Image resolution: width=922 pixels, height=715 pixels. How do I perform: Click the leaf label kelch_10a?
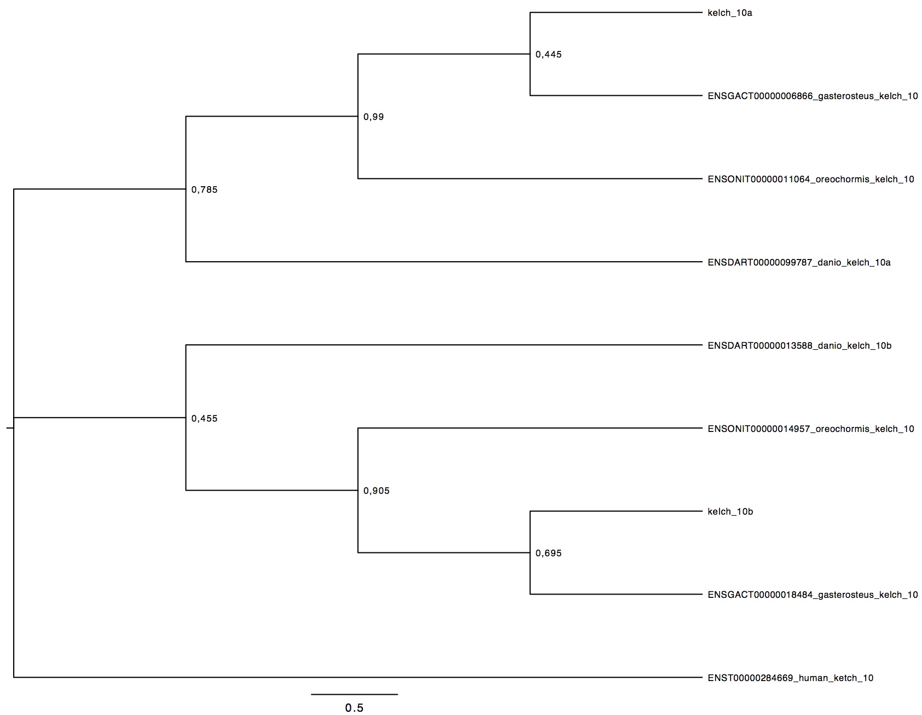(x=730, y=13)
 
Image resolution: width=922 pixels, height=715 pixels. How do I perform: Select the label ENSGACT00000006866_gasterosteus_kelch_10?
(x=813, y=96)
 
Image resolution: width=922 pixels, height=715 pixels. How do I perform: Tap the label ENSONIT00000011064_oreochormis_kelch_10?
(x=811, y=179)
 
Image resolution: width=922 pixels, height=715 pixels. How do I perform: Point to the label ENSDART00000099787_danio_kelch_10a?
(x=799, y=262)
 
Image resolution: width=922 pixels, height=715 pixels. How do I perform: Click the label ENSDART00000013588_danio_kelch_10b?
(x=799, y=345)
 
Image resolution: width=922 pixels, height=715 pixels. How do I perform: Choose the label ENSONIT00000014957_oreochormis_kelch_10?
(x=811, y=429)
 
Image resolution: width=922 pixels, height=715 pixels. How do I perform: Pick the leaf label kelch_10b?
(x=730, y=512)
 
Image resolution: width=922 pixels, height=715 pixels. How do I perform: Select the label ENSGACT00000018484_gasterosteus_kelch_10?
(x=813, y=595)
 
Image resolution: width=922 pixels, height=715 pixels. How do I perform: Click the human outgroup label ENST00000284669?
(x=791, y=678)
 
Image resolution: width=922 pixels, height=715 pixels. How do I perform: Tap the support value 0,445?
(x=549, y=54)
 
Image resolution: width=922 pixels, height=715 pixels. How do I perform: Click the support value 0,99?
(x=374, y=117)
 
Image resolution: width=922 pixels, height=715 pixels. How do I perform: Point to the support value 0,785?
(x=204, y=190)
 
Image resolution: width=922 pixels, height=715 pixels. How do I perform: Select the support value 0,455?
(x=204, y=419)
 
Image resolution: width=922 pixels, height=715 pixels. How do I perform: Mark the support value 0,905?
(x=376, y=491)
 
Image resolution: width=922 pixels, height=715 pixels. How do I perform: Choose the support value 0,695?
(x=549, y=553)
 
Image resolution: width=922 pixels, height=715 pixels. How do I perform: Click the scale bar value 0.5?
(x=354, y=708)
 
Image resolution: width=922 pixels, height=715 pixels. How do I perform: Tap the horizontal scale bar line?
(x=355, y=694)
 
